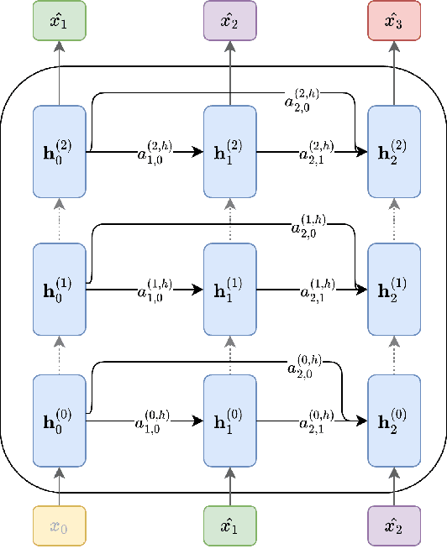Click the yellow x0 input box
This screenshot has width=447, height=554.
point(59,526)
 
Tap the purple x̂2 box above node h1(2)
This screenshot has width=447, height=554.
point(230,20)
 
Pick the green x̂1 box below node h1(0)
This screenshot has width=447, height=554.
point(230,526)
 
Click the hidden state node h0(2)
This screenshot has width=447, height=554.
point(59,152)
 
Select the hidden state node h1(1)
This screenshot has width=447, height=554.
point(230,290)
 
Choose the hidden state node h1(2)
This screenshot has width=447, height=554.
point(230,152)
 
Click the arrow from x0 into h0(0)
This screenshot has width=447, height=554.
point(59,485)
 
